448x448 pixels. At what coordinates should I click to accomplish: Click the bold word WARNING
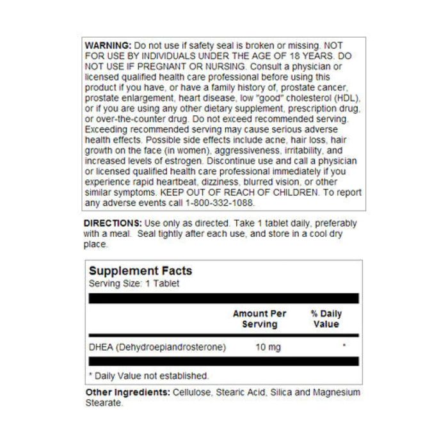click(x=108, y=47)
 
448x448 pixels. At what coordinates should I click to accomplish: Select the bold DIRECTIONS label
click(x=113, y=223)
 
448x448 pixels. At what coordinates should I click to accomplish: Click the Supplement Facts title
click(x=140, y=271)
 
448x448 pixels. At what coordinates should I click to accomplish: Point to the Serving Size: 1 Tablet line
click(x=134, y=283)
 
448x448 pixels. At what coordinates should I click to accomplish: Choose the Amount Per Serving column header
click(x=259, y=319)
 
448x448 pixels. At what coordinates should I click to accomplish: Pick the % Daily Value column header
click(x=326, y=319)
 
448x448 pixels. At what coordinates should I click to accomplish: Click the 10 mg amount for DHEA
click(x=268, y=348)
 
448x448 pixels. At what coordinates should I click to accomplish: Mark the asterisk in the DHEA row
click(x=344, y=346)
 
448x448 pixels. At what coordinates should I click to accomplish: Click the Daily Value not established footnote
click(x=148, y=376)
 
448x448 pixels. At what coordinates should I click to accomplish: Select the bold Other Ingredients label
click(x=127, y=392)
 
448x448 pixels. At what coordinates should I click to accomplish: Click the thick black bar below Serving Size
click(x=223, y=298)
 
